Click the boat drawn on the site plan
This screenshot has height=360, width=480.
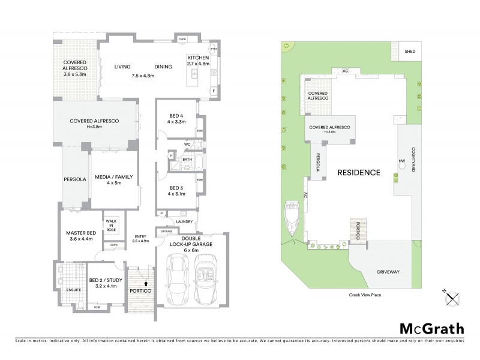[293, 220]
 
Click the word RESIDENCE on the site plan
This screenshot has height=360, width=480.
[359, 172]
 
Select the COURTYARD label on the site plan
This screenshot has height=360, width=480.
[413, 160]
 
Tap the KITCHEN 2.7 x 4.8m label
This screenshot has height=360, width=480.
[198, 60]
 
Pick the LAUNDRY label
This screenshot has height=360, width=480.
[184, 220]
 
